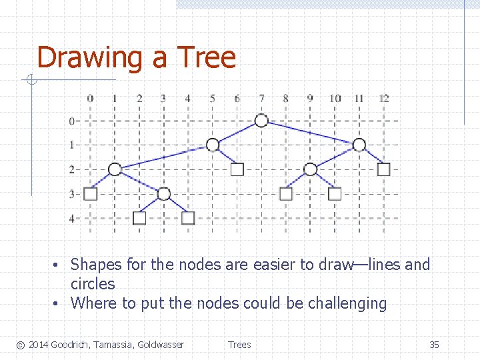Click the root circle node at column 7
point(261,120)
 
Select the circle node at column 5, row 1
point(212,145)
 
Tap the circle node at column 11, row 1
point(359,145)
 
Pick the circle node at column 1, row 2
point(115,169)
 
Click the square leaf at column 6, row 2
point(237,169)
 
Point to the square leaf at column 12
point(383,169)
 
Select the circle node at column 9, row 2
point(310,169)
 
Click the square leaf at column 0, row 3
point(91,193)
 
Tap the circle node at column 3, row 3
point(164,194)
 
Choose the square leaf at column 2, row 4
point(139,218)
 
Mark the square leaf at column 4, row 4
point(188,218)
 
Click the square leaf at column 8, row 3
point(286,193)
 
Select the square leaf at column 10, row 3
point(335,193)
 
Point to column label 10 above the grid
point(335,99)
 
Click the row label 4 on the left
point(71,218)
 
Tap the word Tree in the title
point(206,57)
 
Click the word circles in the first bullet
point(93,284)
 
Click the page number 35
point(434,345)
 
